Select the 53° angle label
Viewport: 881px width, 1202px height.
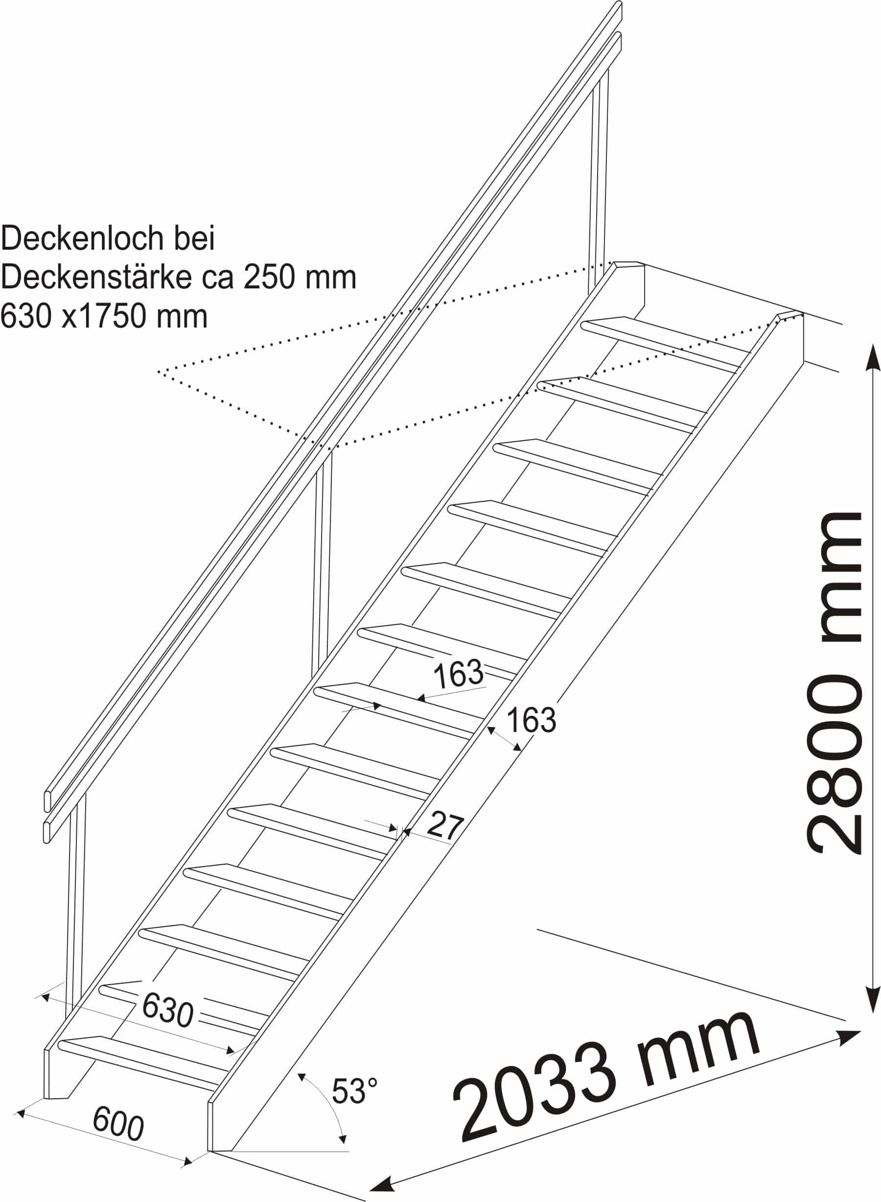tap(355, 1090)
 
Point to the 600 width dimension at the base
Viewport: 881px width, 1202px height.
tap(118, 1124)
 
